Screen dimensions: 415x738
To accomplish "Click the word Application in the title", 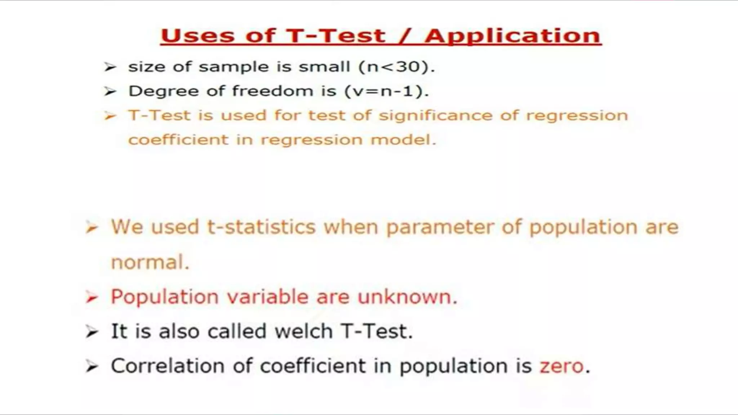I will (513, 36).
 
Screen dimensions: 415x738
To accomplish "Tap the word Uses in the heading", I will (197, 36).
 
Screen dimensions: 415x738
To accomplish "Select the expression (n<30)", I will (397, 67).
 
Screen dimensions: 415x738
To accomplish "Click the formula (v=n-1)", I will (387, 91).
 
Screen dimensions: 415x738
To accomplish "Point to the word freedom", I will (272, 91).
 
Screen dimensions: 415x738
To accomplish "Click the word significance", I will (435, 116).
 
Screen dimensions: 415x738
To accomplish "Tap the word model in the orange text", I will (403, 140).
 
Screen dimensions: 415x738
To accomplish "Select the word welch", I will (303, 331).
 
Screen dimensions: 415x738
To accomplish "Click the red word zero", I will (561, 366).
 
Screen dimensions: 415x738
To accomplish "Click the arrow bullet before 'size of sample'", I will (110, 67).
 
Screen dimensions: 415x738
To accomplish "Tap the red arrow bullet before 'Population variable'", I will (92, 297).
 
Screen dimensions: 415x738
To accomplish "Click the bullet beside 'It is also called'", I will (92, 331).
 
